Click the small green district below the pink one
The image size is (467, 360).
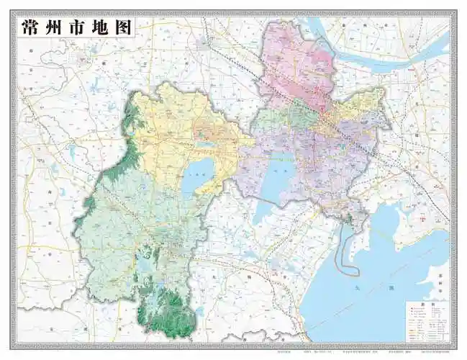coord(301,116)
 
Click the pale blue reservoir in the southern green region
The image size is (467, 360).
coord(148,266)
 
